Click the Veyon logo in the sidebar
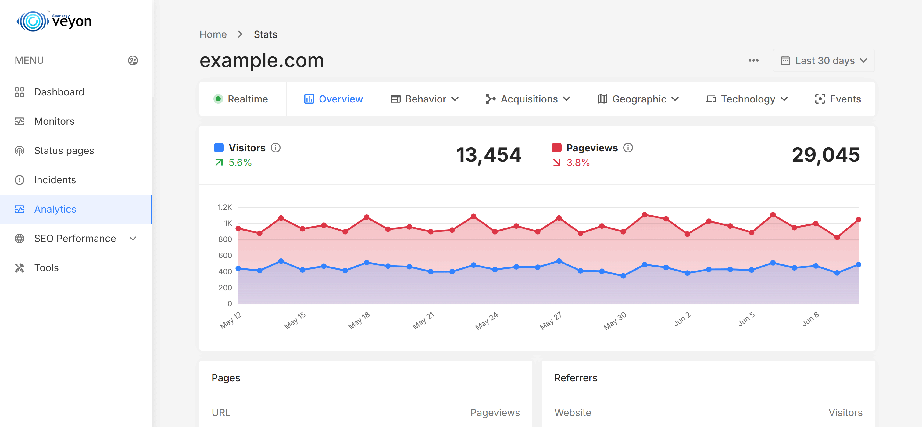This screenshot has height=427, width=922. point(54,21)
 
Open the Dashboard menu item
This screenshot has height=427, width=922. point(59,92)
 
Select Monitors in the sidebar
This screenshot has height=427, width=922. point(54,121)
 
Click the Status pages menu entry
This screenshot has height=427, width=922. point(64,151)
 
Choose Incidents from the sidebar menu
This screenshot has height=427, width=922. point(55,180)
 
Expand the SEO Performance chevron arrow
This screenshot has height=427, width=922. point(133,239)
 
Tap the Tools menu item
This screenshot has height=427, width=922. point(46,268)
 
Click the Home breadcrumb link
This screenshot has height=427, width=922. point(213,34)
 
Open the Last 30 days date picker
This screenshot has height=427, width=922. point(824,60)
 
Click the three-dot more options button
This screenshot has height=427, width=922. point(753,60)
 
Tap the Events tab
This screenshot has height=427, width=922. point(838,99)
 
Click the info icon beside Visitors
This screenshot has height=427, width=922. point(276,148)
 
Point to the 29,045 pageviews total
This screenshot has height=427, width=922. point(826,155)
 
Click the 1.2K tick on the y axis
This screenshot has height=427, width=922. point(225,207)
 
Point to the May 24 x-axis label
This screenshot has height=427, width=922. point(486,321)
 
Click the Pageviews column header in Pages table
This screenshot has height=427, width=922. point(495,412)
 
